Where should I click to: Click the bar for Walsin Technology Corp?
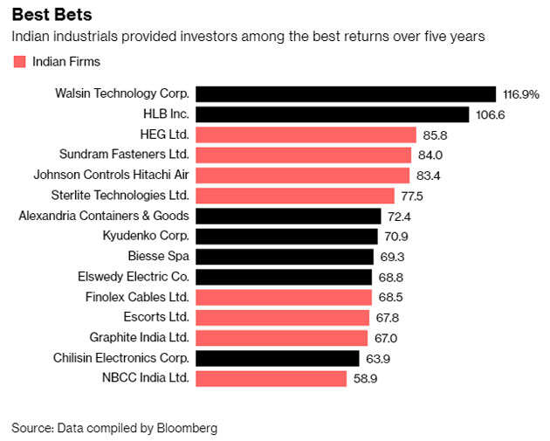[346, 93]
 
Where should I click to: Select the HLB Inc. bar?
[333, 114]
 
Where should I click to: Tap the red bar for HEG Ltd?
[306, 134]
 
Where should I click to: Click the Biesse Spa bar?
[285, 257]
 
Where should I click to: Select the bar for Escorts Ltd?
[283, 317]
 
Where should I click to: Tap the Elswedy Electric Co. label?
[132, 277]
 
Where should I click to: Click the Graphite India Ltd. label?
[140, 337]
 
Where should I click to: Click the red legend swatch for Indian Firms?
[19, 61]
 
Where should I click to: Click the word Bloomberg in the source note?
[187, 428]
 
